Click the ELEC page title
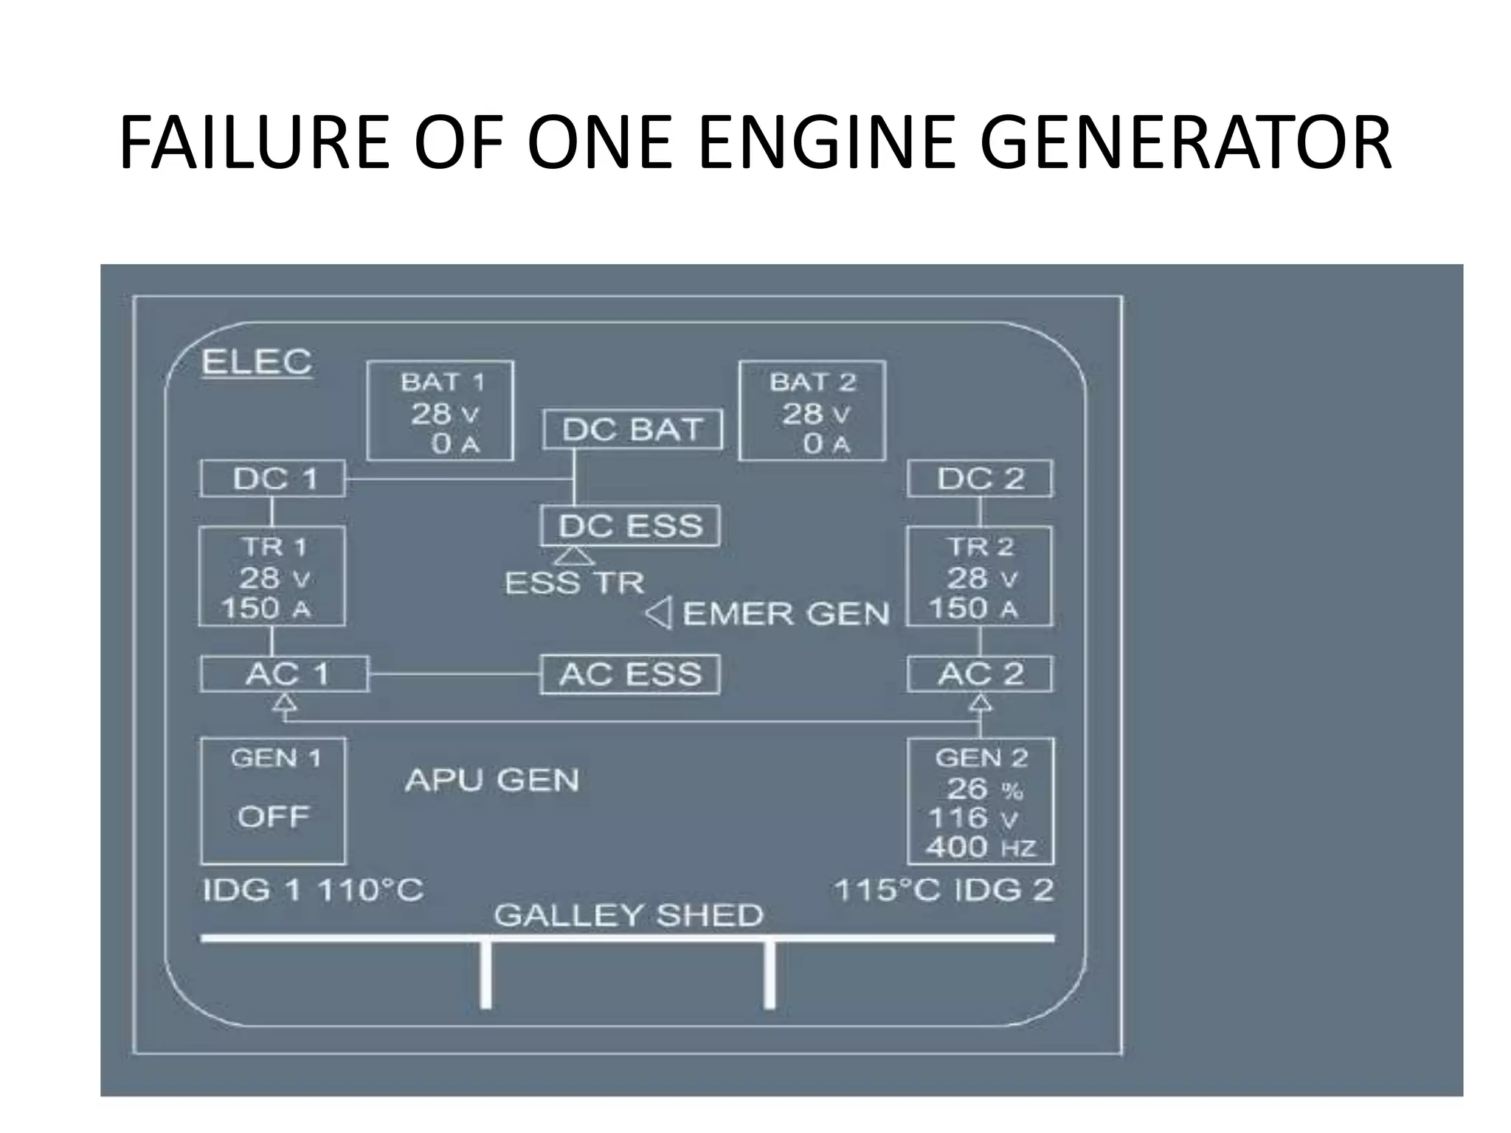click(257, 362)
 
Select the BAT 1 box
click(440, 411)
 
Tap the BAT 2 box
click(812, 411)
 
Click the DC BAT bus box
click(632, 429)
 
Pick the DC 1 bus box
click(273, 479)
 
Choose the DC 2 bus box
click(980, 479)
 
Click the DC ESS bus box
click(630, 526)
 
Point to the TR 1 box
click(272, 576)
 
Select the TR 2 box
click(980, 576)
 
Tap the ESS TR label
click(574, 583)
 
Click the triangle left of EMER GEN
click(659, 613)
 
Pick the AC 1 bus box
click(285, 674)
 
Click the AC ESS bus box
click(630, 674)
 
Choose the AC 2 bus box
click(980, 674)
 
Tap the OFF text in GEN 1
click(273, 817)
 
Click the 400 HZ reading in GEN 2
click(981, 848)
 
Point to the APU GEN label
click(492, 780)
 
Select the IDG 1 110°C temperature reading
click(313, 890)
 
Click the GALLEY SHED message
click(628, 915)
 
